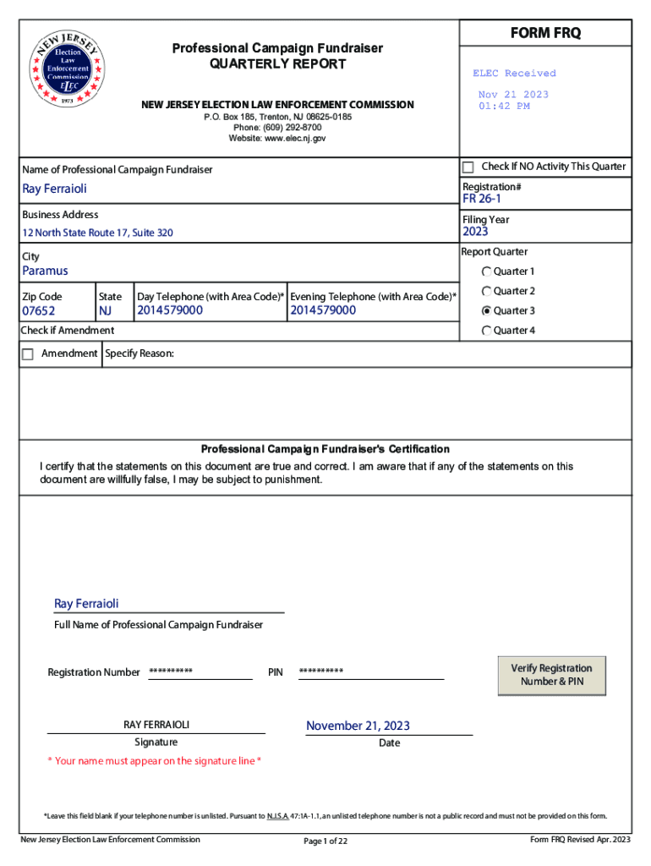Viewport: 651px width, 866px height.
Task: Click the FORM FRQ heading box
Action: tap(545, 33)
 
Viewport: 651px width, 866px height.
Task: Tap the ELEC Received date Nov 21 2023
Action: tap(513, 95)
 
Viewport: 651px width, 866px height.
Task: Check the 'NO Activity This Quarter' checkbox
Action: tap(468, 167)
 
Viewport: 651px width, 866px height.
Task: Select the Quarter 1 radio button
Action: tap(486, 271)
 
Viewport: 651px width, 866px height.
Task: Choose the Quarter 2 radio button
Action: tap(486, 292)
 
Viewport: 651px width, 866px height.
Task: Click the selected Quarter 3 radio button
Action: tap(486, 310)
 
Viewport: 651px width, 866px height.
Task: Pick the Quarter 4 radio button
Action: tap(486, 331)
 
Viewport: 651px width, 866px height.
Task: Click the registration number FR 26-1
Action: tap(481, 200)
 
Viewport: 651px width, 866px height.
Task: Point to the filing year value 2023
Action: tap(475, 232)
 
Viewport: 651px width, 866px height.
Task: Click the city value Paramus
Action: tap(45, 271)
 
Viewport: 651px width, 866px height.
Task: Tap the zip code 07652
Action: tap(39, 311)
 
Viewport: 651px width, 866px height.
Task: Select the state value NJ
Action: tap(105, 311)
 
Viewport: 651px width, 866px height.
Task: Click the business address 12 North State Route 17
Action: tap(97, 233)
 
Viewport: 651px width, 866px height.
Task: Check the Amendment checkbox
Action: tap(28, 354)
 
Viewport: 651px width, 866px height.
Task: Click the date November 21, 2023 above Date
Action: tap(358, 726)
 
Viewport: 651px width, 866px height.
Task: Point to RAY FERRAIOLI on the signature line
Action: tap(156, 725)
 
